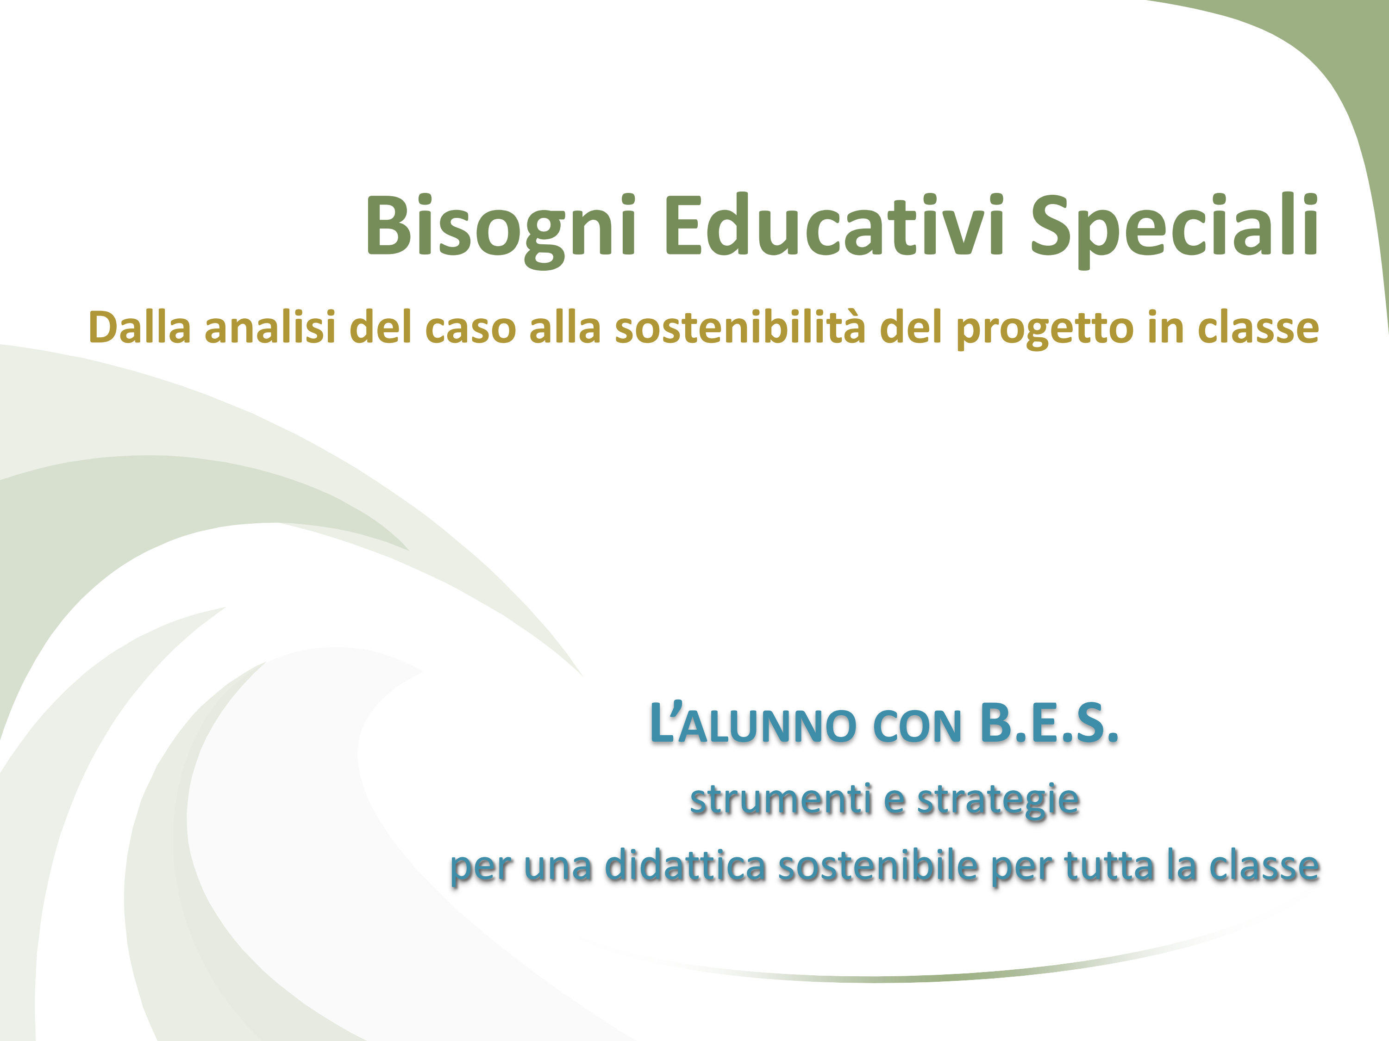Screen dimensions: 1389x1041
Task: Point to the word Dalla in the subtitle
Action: (139, 327)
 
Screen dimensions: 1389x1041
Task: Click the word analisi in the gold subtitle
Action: (269, 327)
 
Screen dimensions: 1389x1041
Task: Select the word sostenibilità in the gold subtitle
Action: (740, 327)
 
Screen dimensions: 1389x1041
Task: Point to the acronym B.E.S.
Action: (1049, 723)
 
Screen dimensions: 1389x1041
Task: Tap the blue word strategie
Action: (998, 802)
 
